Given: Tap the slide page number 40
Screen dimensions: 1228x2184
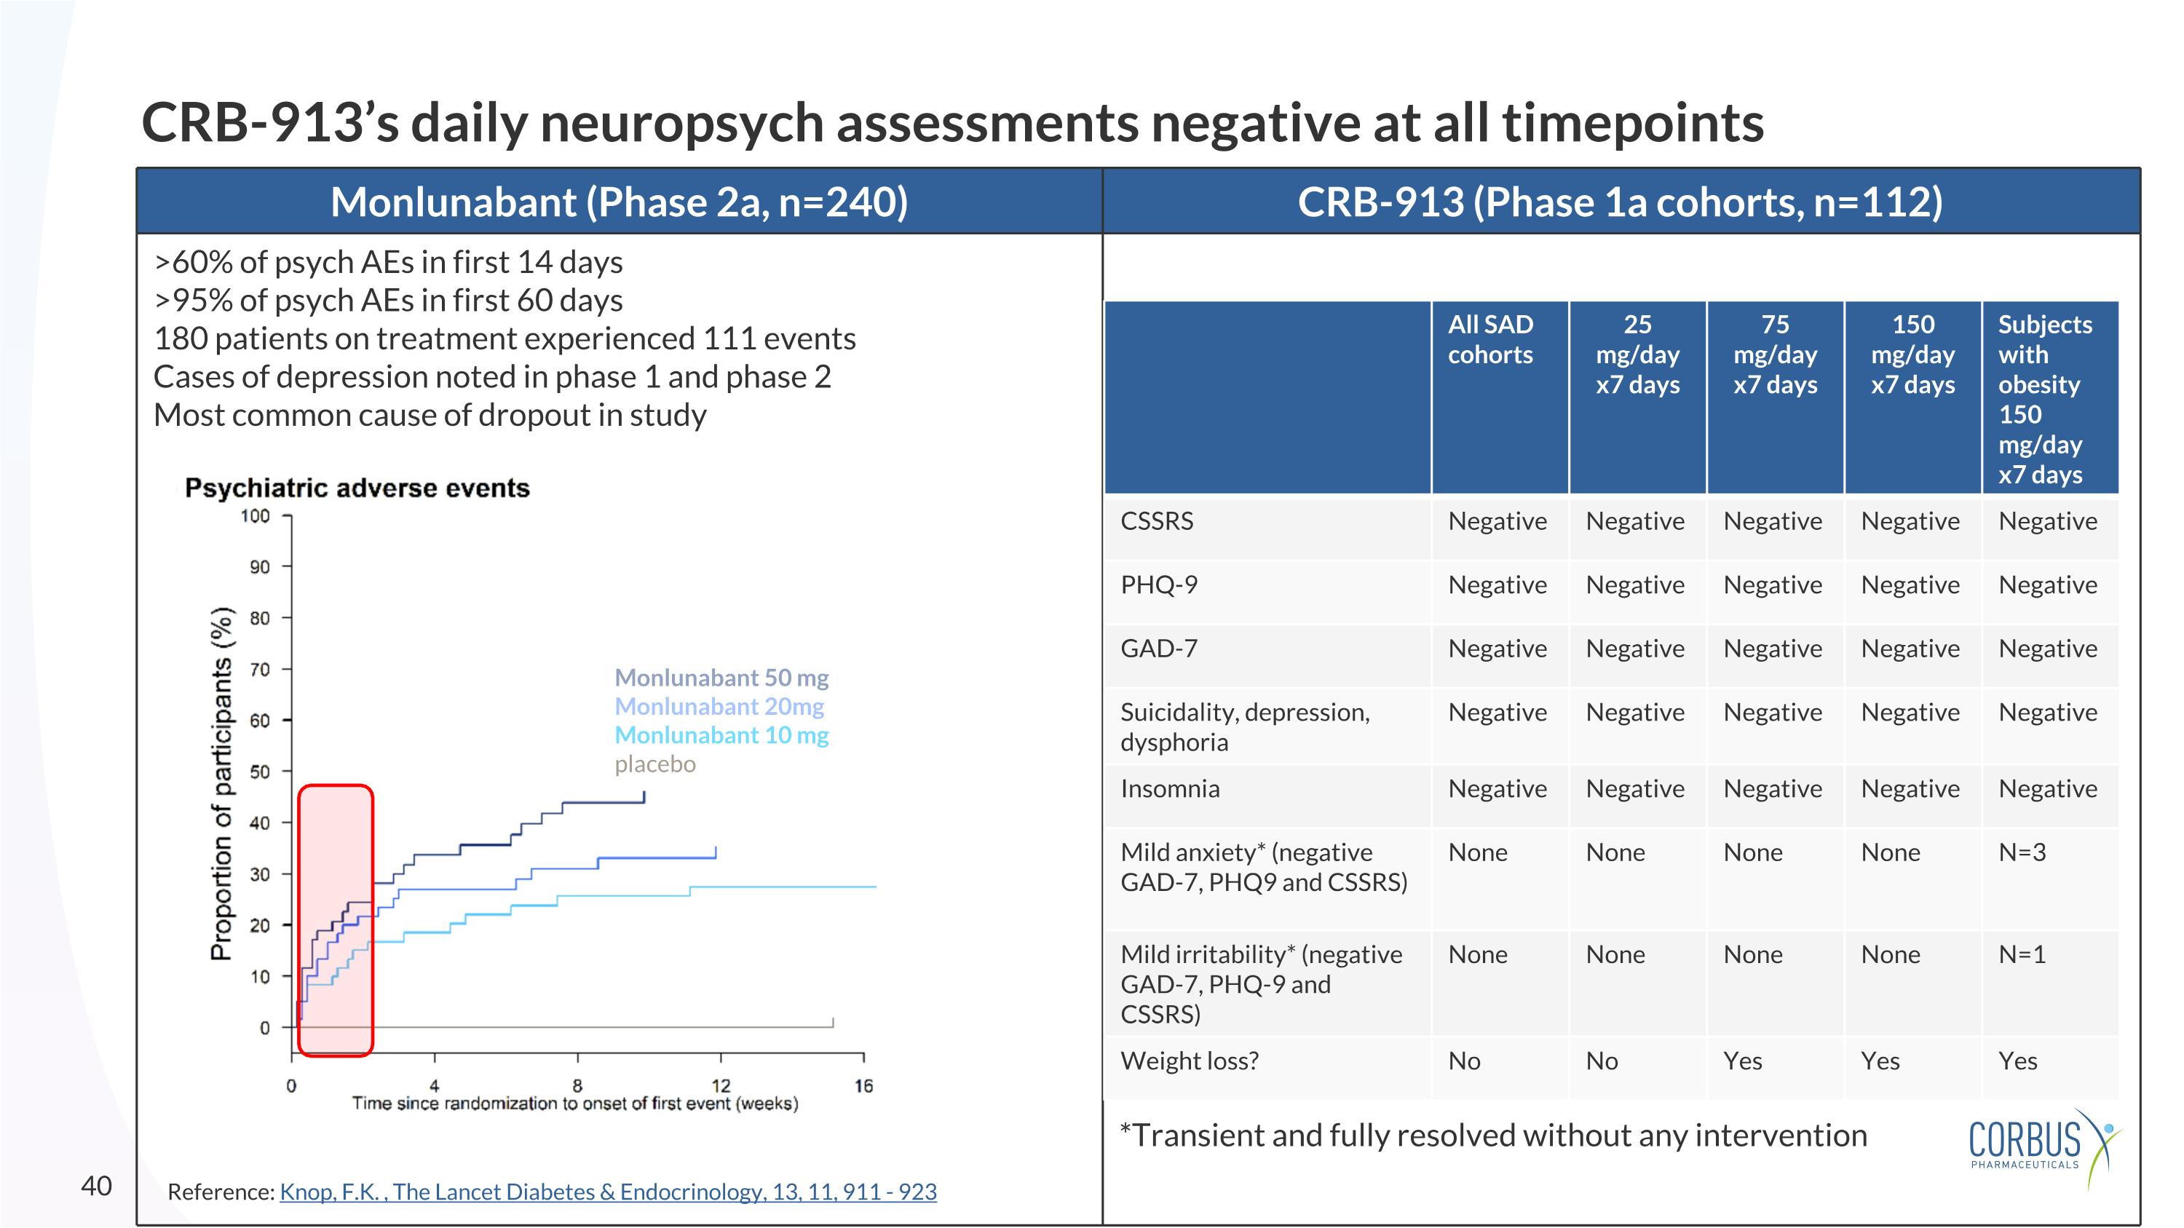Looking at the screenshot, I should [x=96, y=1185].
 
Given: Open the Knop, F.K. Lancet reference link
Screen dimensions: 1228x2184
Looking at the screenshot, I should [x=607, y=1191].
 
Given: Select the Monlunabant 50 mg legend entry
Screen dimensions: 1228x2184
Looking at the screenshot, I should [x=721, y=677].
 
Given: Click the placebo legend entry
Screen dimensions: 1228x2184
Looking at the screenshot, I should [x=654, y=764].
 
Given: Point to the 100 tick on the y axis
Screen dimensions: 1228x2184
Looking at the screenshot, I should [x=256, y=515].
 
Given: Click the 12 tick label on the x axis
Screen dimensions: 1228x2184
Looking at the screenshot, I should [x=720, y=1085].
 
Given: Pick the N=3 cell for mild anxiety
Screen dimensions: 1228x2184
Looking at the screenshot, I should [x=2022, y=852].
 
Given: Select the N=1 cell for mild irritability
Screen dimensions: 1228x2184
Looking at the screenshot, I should [x=2022, y=954].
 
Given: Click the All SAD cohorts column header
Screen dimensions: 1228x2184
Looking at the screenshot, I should [x=1489, y=339].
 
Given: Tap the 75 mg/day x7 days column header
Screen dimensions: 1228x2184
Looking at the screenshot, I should [x=1775, y=354].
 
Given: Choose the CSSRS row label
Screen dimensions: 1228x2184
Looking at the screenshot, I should [x=1157, y=520].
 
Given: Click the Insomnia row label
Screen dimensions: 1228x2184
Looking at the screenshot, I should [x=1169, y=788].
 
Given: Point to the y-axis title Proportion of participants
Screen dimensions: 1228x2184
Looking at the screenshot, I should [x=221, y=783].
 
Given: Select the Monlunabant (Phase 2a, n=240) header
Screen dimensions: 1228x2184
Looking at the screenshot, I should [x=619, y=202].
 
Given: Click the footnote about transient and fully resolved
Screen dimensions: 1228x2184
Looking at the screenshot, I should [x=1492, y=1135].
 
